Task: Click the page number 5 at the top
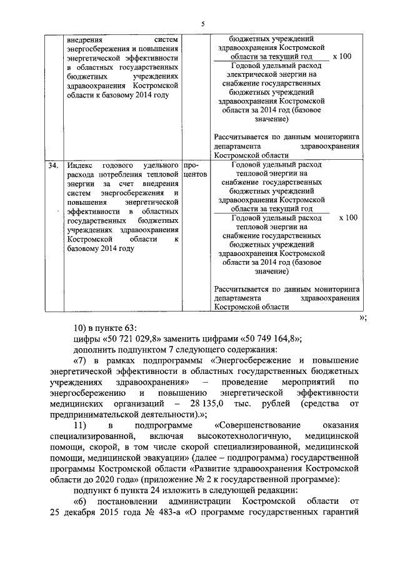point(203,24)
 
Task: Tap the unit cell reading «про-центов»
point(195,170)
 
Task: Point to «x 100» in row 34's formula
point(347,218)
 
